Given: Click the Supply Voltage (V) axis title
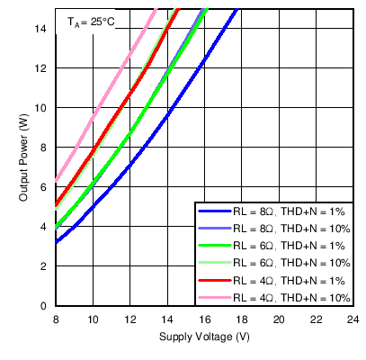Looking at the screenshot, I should pyautogui.click(x=204, y=337).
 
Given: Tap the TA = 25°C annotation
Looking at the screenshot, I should pyautogui.click(x=91, y=21).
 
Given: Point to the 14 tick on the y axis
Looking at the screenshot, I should pyautogui.click(x=42, y=29).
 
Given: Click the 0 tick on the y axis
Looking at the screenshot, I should pyautogui.click(x=45, y=306).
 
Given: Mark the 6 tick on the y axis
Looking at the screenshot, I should pyautogui.click(x=45, y=187).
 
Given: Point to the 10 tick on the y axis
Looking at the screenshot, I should pyautogui.click(x=42, y=108).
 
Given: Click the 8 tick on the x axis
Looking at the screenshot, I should pyautogui.click(x=56, y=319).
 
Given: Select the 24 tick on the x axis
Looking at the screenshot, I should pyautogui.click(x=353, y=319).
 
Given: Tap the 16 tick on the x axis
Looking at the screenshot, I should pyautogui.click(x=204, y=319).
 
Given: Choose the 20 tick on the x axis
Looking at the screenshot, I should pyautogui.click(x=279, y=319).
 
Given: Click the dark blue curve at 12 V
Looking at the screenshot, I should pyautogui.click(x=130, y=165).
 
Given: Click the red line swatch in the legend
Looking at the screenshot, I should pyautogui.click(x=213, y=280).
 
